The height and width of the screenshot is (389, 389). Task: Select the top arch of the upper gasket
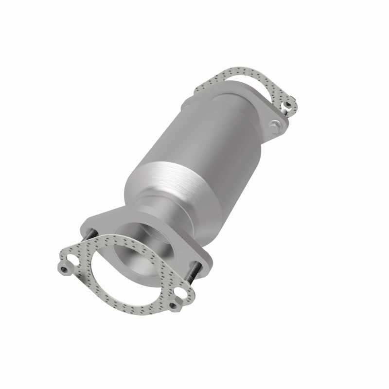point(243,73)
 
